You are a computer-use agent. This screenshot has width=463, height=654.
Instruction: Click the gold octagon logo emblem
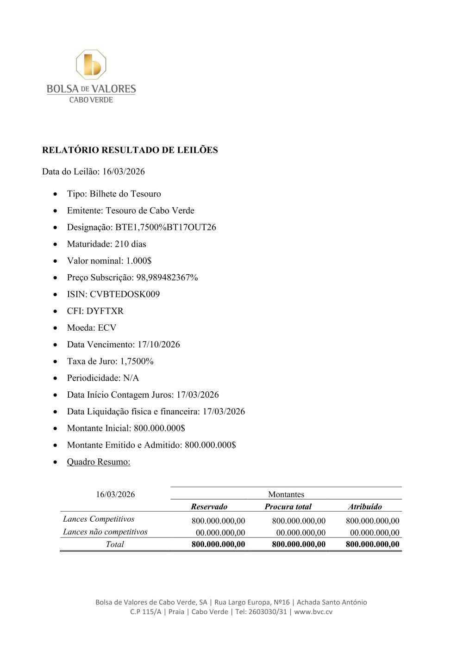click(91, 64)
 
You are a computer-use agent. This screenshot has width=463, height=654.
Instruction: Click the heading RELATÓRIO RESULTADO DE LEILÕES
click(130, 150)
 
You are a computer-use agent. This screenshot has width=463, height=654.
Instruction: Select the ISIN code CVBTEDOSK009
click(125, 294)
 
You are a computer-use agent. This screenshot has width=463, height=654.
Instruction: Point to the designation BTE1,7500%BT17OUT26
click(165, 227)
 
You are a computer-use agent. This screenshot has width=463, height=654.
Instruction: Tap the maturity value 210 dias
click(130, 244)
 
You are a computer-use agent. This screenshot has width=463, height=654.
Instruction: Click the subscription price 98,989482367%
click(167, 278)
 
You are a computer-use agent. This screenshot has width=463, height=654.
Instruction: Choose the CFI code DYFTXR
click(105, 311)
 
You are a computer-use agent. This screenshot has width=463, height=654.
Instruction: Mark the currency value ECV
click(107, 327)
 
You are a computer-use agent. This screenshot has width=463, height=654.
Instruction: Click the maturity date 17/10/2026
click(158, 345)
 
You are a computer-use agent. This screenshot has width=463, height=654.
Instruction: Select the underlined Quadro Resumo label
click(99, 462)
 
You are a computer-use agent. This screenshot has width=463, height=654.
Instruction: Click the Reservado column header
click(209, 506)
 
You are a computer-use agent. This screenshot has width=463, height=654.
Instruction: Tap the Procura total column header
click(288, 506)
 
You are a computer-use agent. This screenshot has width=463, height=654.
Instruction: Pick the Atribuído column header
click(365, 506)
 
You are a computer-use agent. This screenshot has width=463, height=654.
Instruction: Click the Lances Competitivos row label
click(99, 519)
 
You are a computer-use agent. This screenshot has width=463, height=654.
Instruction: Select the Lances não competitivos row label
click(105, 532)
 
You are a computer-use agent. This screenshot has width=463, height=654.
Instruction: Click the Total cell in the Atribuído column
click(372, 544)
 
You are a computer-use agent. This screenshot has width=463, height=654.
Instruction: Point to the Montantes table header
click(286, 494)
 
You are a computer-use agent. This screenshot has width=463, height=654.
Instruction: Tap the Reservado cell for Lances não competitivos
click(220, 533)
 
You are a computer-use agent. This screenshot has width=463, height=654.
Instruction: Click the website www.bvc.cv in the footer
click(313, 611)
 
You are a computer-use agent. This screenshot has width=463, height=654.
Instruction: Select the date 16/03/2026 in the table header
click(115, 494)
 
